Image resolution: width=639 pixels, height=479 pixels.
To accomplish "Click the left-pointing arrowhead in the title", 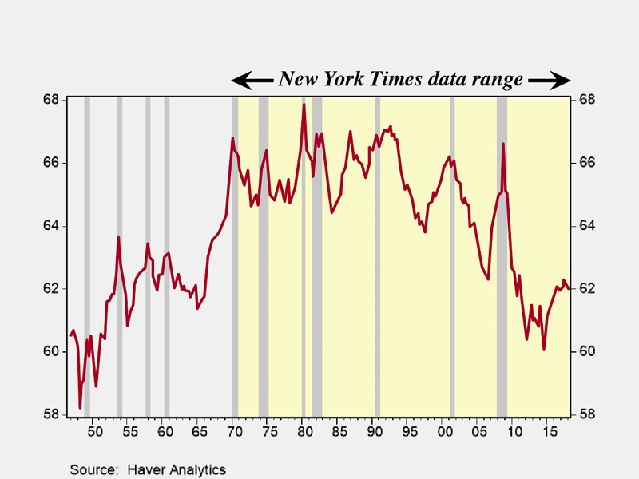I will tap(240, 80).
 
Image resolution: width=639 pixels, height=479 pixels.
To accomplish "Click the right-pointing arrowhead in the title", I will tap(562, 80).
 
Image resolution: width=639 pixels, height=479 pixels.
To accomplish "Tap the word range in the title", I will tap(496, 80).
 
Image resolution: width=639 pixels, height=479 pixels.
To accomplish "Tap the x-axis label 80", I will tap(304, 432).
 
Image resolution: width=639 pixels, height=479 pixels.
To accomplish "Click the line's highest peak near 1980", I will tap(304, 105).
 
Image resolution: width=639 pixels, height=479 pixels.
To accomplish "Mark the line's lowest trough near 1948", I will tap(80, 408).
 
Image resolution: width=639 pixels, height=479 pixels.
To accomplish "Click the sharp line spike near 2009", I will tap(503, 144).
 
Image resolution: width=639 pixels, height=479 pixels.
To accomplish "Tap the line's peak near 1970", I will tap(232, 138).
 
